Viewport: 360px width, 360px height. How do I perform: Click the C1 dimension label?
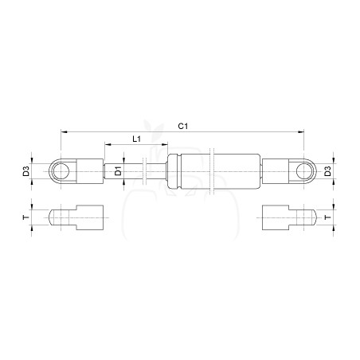click(183, 126)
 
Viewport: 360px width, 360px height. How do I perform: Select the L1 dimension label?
click(136, 139)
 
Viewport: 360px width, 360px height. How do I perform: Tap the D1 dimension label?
click(118, 171)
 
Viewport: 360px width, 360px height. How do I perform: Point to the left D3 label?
click(25, 171)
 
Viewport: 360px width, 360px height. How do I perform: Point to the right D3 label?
click(328, 171)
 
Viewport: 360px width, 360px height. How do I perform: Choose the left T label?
click(25, 217)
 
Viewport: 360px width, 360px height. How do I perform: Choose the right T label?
click(328, 217)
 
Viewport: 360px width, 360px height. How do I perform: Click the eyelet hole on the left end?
click(61, 171)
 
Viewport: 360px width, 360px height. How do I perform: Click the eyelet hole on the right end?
click(304, 171)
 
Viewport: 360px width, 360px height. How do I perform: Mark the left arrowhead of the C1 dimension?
click(64, 131)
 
